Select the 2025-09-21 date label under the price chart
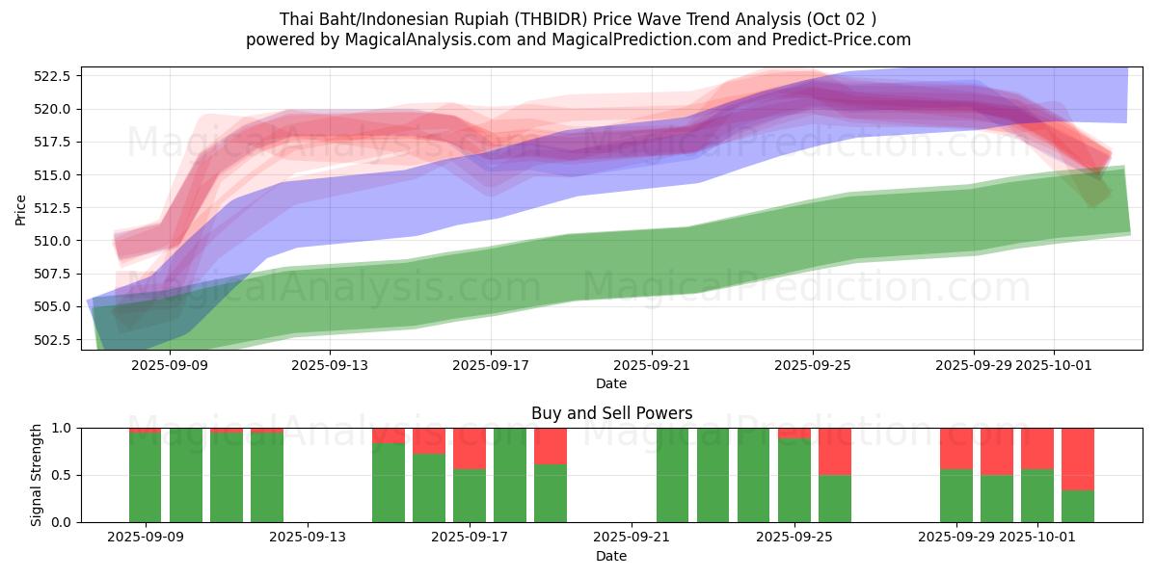(x=652, y=365)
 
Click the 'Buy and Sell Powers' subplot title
(x=611, y=413)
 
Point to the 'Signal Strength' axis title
(x=37, y=475)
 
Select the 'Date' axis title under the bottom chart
(x=611, y=556)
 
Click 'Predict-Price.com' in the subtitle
(x=845, y=39)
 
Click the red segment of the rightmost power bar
(x=1078, y=459)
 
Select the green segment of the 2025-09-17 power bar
(x=470, y=495)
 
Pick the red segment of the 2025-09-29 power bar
(x=956, y=448)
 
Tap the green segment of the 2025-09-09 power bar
(x=146, y=478)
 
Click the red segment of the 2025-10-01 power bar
(x=1037, y=448)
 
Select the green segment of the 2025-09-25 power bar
(x=794, y=481)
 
